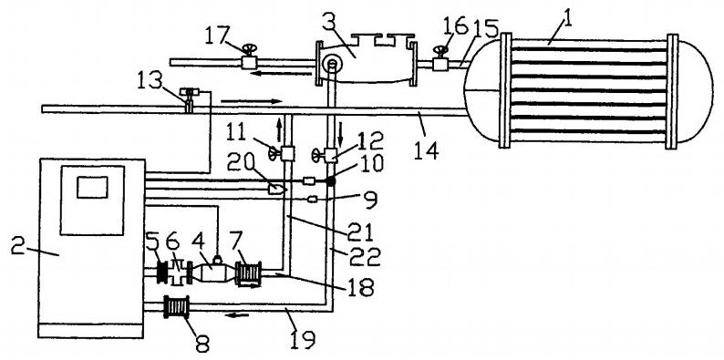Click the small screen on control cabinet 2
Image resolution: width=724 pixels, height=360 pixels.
pos(92,188)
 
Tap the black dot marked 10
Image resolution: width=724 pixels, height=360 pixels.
pos(330,181)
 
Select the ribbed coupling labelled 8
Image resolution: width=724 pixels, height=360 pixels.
pos(177,307)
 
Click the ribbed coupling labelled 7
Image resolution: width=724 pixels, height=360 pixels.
pos(249,273)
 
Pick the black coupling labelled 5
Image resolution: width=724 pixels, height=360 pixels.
pos(162,273)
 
